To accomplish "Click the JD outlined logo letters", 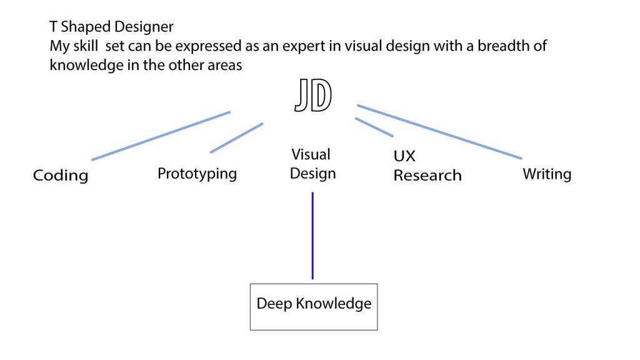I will coord(313,97).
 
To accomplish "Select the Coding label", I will coord(61,176).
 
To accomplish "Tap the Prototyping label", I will coord(197,173).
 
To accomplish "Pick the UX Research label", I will coord(427,166).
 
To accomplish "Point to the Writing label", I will coord(547,174).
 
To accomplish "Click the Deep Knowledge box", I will coord(314,306).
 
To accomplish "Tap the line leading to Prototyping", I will coord(236,137).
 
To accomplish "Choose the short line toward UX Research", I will coord(374,127).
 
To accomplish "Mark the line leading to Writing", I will coord(439,131).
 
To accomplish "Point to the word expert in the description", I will coord(301,46).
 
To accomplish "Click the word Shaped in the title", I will coord(85,27).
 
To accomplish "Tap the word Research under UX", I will coord(427,175).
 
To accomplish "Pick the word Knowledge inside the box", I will coord(334,304).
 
